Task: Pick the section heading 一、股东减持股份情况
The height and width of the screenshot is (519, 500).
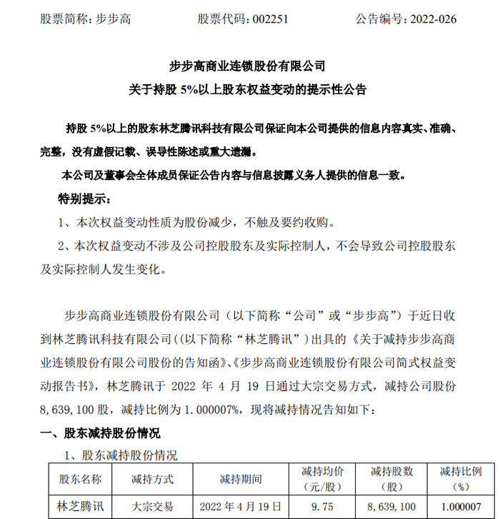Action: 99,433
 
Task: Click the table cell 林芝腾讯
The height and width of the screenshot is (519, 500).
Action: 80,508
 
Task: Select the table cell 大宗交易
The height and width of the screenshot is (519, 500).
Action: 152,508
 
